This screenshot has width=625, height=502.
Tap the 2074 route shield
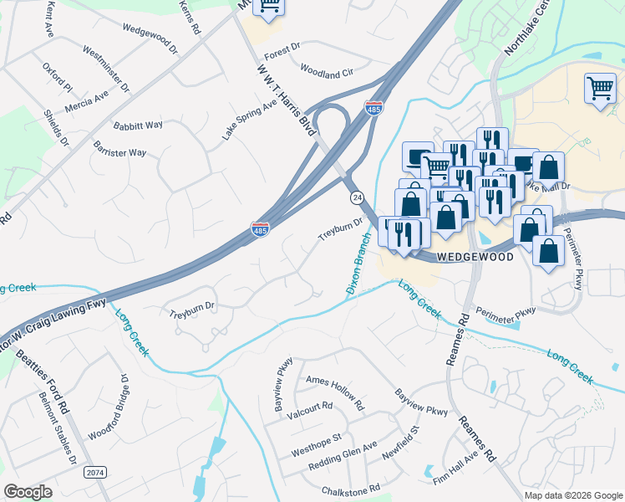pos(95,472)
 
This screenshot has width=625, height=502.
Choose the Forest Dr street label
pos(282,50)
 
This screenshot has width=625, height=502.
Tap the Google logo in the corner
pos(28,492)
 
